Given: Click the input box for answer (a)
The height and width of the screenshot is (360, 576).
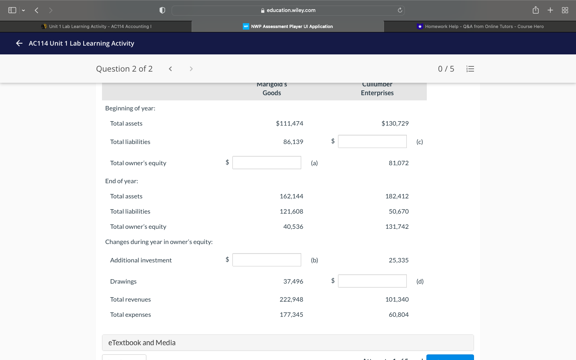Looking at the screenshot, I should click(x=266, y=163).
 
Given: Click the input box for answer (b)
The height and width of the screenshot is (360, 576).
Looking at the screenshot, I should click(x=266, y=260).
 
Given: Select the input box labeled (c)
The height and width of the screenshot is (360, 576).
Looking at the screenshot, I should click(x=372, y=142).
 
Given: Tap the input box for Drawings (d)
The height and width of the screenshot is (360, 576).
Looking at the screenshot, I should click(x=372, y=281).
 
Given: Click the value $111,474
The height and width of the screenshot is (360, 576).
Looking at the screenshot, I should click(x=289, y=124).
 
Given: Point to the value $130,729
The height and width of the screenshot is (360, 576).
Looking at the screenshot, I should click(x=395, y=124).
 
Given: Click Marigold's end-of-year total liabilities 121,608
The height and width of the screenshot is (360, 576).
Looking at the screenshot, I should click(x=291, y=212).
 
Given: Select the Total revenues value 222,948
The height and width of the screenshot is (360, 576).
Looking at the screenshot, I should click(x=291, y=300).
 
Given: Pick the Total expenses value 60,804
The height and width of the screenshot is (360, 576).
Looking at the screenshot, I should click(x=398, y=315).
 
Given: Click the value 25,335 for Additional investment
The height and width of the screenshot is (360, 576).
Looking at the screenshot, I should click(x=398, y=260).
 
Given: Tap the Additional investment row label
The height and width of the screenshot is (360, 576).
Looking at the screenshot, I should click(x=141, y=260).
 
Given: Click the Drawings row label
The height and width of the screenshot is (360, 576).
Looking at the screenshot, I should click(x=123, y=282).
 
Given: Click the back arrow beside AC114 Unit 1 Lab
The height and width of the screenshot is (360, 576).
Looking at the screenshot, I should click(x=19, y=43).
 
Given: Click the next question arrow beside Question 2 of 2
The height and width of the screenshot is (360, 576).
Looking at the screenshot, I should click(x=191, y=69).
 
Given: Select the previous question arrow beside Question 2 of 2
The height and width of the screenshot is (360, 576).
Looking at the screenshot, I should click(x=170, y=69).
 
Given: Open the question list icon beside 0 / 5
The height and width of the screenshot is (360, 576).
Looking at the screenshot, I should click(x=470, y=69).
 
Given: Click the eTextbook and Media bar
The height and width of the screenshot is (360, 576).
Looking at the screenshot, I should click(x=288, y=343).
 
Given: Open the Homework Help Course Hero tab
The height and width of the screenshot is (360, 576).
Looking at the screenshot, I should click(x=480, y=26).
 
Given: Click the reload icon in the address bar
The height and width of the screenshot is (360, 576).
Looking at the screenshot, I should click(x=400, y=10).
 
